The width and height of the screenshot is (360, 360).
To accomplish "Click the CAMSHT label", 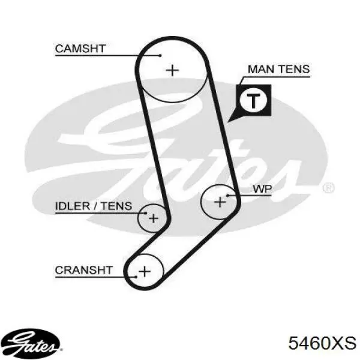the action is pyautogui.click(x=80, y=49).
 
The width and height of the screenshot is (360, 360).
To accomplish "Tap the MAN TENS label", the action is pyautogui.click(x=279, y=69).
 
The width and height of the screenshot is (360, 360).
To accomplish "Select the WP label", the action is pyautogui.click(x=262, y=189).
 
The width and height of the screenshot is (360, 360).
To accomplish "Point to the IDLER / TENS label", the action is pyautogui.click(x=94, y=206).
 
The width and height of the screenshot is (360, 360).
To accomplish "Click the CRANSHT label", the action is pyautogui.click(x=84, y=270).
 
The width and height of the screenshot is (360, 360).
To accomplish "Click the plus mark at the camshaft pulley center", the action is pyautogui.click(x=172, y=70).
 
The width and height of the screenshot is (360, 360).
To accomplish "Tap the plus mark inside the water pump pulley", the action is pyautogui.click(x=220, y=202).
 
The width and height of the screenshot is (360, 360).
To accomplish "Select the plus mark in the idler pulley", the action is pyautogui.click(x=154, y=218).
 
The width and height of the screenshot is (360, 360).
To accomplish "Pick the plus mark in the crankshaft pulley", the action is pyautogui.click(x=145, y=271).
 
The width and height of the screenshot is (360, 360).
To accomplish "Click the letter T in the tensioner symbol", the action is pyautogui.click(x=253, y=101).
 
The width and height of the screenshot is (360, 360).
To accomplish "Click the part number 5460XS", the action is pyautogui.click(x=322, y=343).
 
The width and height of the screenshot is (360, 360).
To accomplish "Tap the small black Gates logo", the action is pyautogui.click(x=31, y=343).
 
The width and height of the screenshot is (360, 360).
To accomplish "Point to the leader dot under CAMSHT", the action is pyautogui.click(x=160, y=55).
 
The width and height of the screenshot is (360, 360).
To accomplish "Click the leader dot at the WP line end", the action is pyautogui.click(x=228, y=196).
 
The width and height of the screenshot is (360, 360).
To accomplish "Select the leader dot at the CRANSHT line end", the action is pyautogui.click(x=136, y=277).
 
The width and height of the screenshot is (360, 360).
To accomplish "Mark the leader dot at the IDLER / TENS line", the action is pyautogui.click(x=146, y=213).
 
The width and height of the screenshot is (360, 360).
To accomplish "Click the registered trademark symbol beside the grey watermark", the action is pyautogui.click(x=329, y=188).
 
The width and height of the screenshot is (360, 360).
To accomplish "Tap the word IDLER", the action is pyautogui.click(x=73, y=206).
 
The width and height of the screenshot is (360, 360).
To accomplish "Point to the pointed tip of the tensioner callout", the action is pyautogui.click(x=227, y=122).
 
